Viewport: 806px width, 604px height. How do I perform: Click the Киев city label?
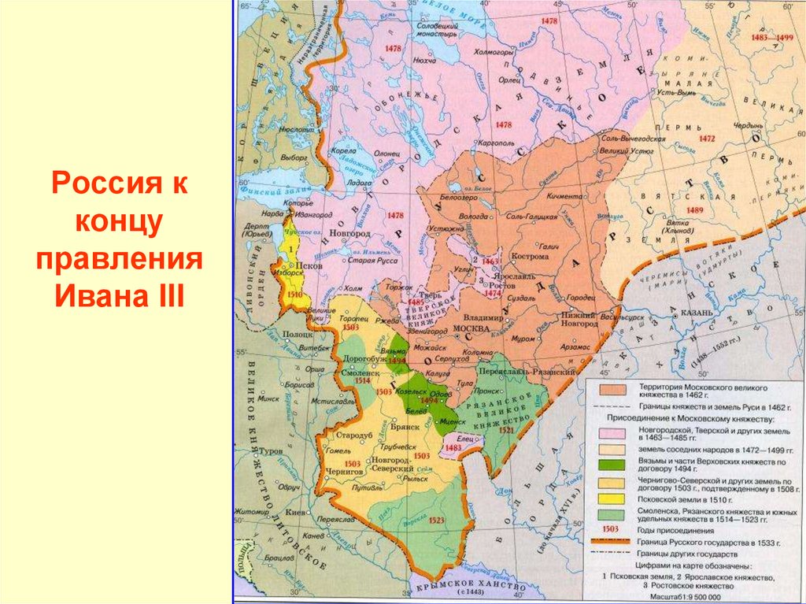tap(294, 511)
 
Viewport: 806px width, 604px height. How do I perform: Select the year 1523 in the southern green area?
tap(438, 521)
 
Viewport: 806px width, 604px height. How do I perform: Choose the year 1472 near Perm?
tap(706, 139)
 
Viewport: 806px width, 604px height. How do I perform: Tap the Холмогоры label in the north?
tap(494, 51)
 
